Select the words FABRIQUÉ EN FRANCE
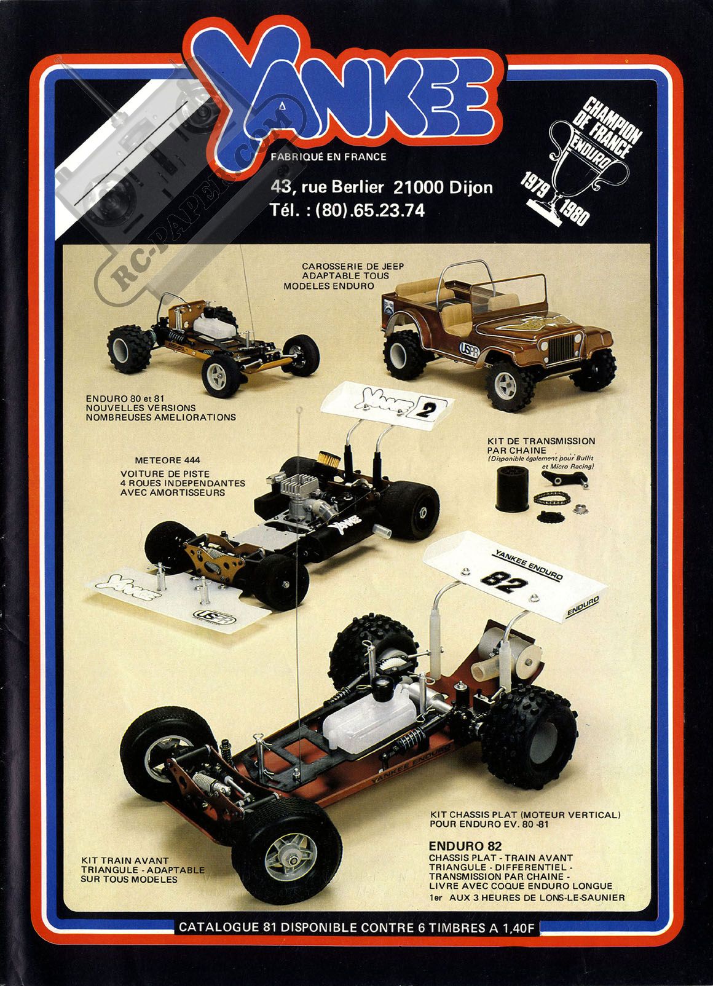coord(329,157)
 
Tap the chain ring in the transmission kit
coord(551,499)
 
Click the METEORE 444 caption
coord(167,460)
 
